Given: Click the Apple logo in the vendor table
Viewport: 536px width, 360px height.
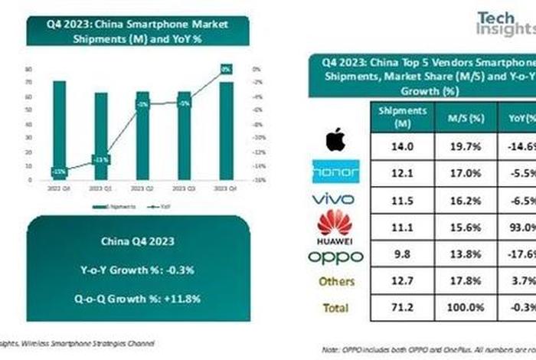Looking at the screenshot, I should tap(335, 140).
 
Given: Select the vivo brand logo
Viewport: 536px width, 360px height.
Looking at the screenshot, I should tap(335, 199).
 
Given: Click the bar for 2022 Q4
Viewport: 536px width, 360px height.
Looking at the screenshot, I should tap(59, 130).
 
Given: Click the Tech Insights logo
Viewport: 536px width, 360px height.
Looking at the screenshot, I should tap(505, 23).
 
